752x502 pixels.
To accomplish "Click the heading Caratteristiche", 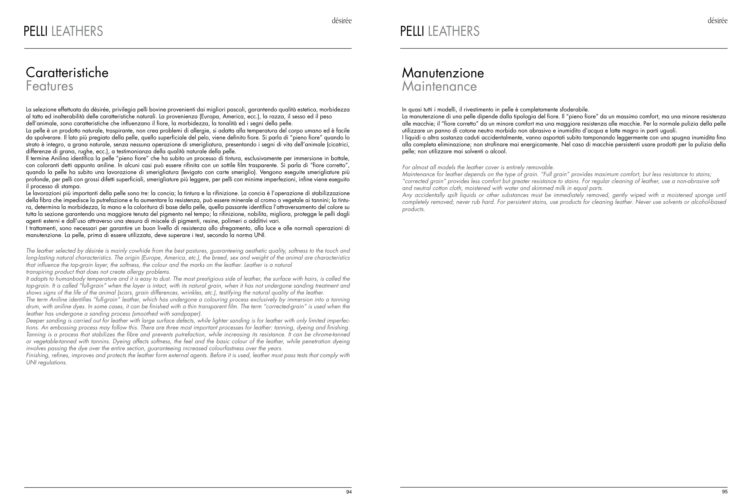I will pos(67,73).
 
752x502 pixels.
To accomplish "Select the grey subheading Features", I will pos(50,86).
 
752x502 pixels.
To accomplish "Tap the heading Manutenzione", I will pos(443,73).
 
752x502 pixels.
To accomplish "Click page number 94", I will pos(349,492).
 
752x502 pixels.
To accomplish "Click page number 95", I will pos(725,492).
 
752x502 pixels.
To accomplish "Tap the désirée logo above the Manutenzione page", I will pos(717,21).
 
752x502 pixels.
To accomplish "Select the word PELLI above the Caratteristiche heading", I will pos(35,31).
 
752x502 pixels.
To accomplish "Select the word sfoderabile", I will pos(574,110).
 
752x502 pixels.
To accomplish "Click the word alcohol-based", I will pos(710,202).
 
